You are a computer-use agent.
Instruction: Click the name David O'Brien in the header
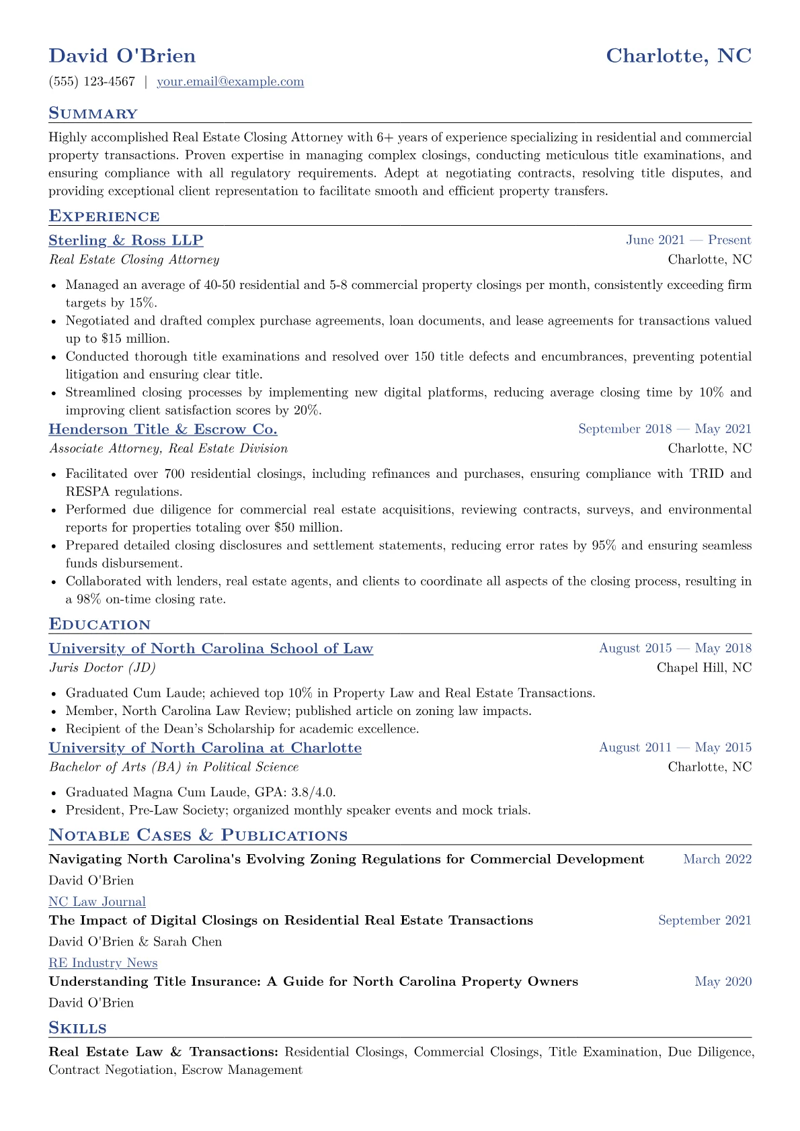click(x=122, y=56)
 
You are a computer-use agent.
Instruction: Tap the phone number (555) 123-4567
click(x=91, y=82)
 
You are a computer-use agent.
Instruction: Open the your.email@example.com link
click(x=230, y=82)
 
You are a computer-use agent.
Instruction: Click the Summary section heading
click(x=93, y=114)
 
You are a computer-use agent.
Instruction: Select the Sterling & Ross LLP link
click(x=126, y=241)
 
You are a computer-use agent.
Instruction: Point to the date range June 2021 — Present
click(x=688, y=241)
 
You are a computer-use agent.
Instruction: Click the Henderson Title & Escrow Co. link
click(x=163, y=429)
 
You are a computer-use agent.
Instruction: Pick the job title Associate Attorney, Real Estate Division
click(x=168, y=448)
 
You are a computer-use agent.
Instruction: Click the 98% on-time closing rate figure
click(x=86, y=599)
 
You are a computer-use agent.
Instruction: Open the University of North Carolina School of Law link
click(x=210, y=648)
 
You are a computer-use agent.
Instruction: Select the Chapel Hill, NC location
click(x=704, y=667)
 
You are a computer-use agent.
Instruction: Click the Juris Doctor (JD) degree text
click(x=102, y=667)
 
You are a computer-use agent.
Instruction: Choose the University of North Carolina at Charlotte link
click(x=205, y=748)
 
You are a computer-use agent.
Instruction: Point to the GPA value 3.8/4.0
click(x=313, y=792)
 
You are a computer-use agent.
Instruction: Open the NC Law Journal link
click(x=97, y=902)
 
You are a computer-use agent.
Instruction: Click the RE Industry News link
click(x=103, y=963)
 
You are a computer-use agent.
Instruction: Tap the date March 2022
click(x=717, y=859)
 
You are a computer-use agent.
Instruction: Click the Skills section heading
click(x=77, y=1028)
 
